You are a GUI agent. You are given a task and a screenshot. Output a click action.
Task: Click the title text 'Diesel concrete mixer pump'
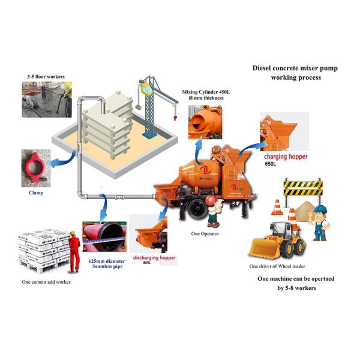click(295, 68)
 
